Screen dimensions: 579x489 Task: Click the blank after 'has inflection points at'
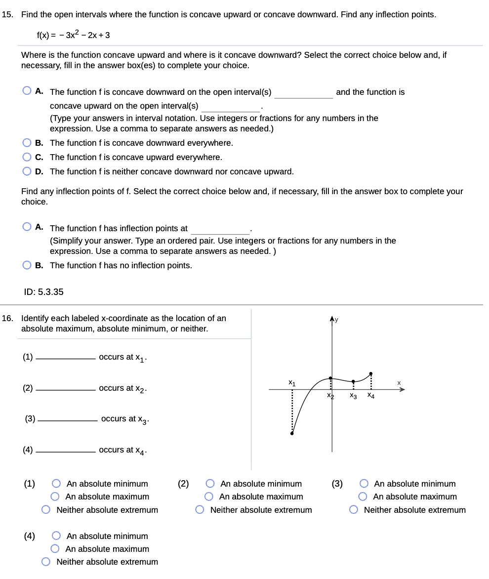click(220, 229)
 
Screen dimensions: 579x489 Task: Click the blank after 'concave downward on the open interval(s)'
click(303, 93)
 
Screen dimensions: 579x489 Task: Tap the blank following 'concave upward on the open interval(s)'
click(231, 107)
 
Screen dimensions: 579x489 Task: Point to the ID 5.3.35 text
click(44, 291)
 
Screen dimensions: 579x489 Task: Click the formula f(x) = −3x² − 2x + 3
click(74, 35)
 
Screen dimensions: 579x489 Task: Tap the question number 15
click(7, 14)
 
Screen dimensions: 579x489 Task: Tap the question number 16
click(7, 318)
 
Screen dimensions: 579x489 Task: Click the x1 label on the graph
click(292, 382)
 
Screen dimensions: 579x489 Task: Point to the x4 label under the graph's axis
click(370, 396)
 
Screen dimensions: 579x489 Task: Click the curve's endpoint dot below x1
click(292, 434)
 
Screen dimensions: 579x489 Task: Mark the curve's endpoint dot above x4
click(371, 373)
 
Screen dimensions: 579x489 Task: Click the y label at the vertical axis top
click(337, 320)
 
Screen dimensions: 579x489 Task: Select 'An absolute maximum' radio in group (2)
click(209, 496)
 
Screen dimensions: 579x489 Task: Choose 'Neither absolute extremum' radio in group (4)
click(46, 562)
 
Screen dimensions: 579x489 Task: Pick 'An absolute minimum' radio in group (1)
click(57, 484)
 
